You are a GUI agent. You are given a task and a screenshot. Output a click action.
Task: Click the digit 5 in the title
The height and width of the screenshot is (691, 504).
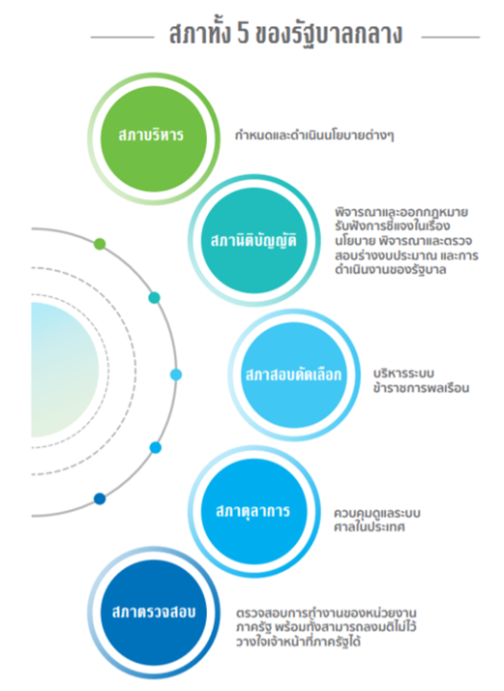[243, 35]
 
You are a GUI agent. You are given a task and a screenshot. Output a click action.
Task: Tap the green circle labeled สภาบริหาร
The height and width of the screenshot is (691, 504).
[154, 138]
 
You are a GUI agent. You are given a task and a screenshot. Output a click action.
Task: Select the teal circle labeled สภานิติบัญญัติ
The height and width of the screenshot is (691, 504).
[254, 241]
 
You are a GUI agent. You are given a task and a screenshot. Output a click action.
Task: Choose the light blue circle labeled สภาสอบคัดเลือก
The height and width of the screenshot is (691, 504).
[294, 376]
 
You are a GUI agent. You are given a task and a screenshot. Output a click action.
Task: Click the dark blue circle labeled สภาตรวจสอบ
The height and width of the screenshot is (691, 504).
[154, 613]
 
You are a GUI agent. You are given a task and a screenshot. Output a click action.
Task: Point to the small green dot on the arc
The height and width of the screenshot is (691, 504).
[100, 244]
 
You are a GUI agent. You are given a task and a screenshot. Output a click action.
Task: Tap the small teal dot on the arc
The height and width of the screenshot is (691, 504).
[154, 298]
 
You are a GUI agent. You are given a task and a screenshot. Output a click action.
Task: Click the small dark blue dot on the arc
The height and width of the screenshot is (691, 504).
[100, 498]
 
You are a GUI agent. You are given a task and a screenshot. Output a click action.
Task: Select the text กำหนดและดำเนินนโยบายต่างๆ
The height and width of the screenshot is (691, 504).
[314, 135]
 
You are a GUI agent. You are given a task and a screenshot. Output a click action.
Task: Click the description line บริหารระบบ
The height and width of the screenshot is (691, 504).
[403, 374]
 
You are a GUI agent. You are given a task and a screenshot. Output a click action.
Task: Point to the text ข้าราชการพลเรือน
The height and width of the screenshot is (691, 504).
[421, 388]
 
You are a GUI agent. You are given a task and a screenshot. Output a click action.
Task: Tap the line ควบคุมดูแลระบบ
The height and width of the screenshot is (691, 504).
[377, 513]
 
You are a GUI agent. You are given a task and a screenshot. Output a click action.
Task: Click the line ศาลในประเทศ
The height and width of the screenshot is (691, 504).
[370, 527]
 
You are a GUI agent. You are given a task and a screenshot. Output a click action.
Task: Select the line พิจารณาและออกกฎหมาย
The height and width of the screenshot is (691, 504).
[401, 213]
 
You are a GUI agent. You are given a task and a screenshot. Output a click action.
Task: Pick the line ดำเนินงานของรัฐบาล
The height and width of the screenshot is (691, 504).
[391, 270]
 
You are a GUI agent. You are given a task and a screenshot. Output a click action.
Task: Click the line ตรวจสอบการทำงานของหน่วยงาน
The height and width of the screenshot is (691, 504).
[326, 613]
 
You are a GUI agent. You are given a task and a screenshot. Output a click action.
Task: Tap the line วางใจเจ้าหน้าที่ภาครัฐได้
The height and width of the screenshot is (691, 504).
[298, 642]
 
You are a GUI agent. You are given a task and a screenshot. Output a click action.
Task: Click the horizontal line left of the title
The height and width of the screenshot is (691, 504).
[123, 38]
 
